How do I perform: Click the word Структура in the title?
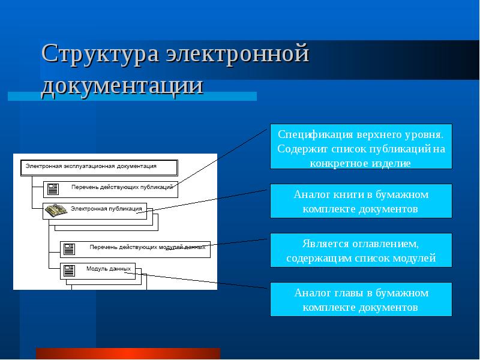coord(99,55)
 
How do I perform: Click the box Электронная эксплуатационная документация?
coord(99,167)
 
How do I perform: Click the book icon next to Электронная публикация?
coord(56,210)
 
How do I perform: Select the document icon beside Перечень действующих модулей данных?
coord(70,248)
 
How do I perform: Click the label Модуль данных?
coord(109,269)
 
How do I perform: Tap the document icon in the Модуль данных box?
coord(70,270)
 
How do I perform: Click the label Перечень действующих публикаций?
coord(122,187)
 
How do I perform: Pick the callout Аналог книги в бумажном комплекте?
coord(361,201)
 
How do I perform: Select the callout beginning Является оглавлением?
coord(361,251)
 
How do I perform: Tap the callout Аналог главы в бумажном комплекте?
coord(361,299)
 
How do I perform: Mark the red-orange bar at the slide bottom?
coord(128,353)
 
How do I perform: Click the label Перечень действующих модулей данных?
coord(147,247)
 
